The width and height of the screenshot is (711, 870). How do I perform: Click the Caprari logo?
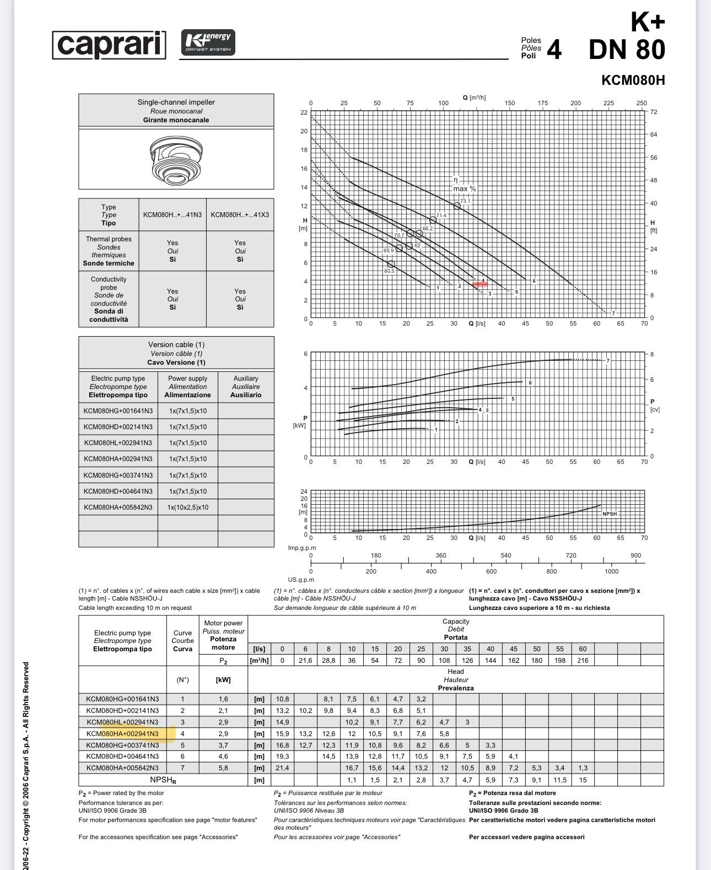(109, 45)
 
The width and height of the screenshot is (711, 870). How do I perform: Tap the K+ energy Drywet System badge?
(208, 42)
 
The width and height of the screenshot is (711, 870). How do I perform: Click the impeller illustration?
(176, 160)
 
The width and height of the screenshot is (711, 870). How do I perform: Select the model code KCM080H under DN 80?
(633, 80)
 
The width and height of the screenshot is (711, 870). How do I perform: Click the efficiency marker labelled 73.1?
(457, 206)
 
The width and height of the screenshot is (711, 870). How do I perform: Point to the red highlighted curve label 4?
(482, 281)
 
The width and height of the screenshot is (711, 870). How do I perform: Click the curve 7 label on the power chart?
(608, 361)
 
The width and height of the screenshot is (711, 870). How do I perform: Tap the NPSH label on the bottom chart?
(609, 514)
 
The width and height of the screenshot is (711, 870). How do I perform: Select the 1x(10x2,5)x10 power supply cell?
(187, 507)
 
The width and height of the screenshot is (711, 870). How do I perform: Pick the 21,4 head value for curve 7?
(282, 768)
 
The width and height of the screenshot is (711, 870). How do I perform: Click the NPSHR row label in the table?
(163, 780)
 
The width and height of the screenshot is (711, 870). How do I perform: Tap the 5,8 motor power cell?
(223, 768)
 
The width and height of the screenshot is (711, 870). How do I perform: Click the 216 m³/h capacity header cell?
(583, 660)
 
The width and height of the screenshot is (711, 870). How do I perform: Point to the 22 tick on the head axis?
(304, 112)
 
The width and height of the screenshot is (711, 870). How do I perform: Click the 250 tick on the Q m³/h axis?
(642, 103)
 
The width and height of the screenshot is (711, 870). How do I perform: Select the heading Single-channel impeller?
(176, 102)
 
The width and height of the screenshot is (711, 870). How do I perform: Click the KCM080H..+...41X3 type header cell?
(240, 215)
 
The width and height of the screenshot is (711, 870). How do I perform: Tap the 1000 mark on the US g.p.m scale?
(611, 571)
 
